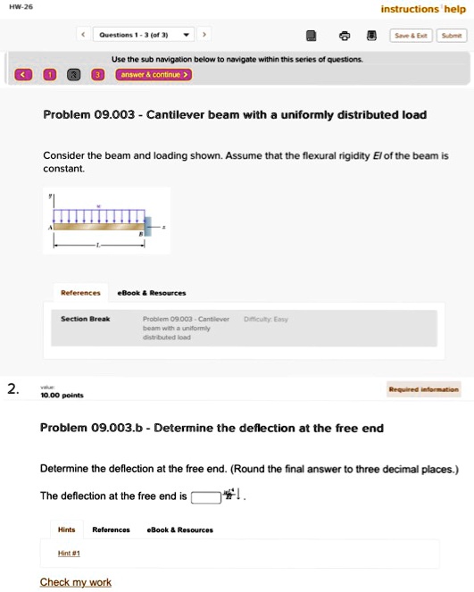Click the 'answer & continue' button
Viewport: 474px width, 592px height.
coord(154,74)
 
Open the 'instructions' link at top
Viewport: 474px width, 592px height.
coord(410,9)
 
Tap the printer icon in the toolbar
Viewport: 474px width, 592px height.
coord(345,37)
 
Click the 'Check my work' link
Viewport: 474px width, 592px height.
coord(76,582)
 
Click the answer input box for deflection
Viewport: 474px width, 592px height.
coord(205,497)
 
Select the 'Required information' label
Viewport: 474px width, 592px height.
coord(424,389)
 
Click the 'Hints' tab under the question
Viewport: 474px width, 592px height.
coord(67,529)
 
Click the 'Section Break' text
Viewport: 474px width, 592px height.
coord(86,319)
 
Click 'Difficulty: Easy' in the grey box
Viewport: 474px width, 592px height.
coord(265,319)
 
